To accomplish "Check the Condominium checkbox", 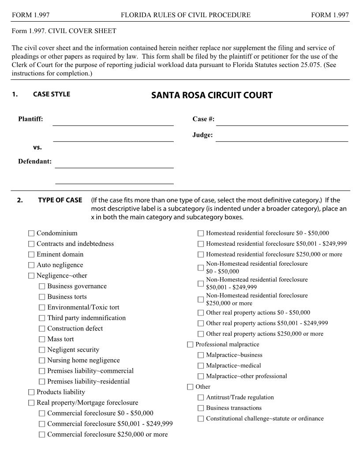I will [x=31, y=233].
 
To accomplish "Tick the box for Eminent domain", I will [x=31, y=255].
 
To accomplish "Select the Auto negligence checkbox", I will [x=31, y=265].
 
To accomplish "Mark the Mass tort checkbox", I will [x=42, y=339].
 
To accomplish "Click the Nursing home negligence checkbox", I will [x=42, y=361].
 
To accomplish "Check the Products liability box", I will [x=31, y=392].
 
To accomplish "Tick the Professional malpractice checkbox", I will [x=190, y=345].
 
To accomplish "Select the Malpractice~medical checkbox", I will [x=201, y=366].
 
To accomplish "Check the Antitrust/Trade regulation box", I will [x=201, y=398].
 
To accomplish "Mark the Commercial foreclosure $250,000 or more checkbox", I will [x=42, y=435].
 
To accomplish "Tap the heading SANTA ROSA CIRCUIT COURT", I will [x=212, y=95].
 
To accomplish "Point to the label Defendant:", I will [x=35, y=162].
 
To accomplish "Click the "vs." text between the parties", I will [x=37, y=147].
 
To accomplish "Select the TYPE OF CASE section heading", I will [x=60, y=200].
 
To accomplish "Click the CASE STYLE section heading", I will [x=51, y=94].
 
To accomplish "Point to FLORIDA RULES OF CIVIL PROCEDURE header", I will [x=185, y=15].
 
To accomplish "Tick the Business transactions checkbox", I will [x=201, y=408].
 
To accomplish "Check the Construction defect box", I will [x=42, y=329].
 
